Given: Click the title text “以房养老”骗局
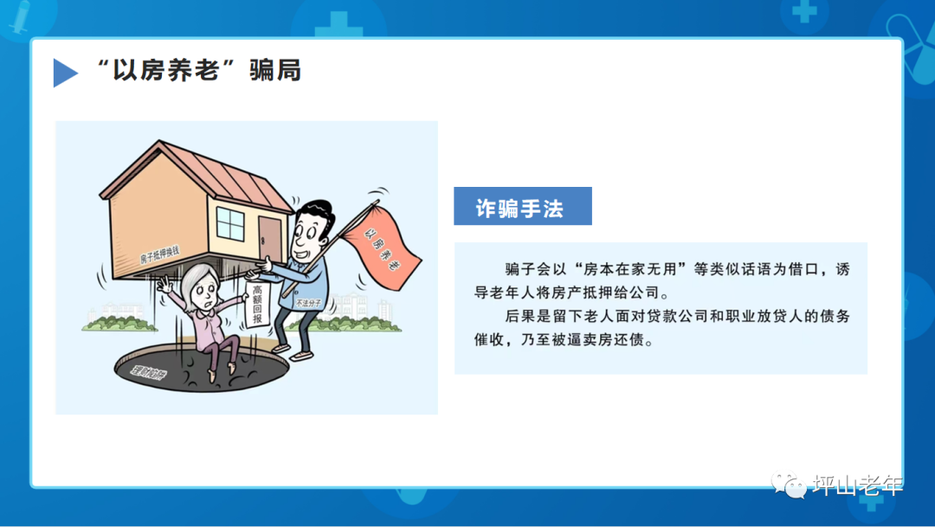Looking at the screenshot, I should tap(200, 70).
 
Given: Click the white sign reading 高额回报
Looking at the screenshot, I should tap(257, 305).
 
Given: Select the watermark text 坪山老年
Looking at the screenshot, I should tap(858, 485).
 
